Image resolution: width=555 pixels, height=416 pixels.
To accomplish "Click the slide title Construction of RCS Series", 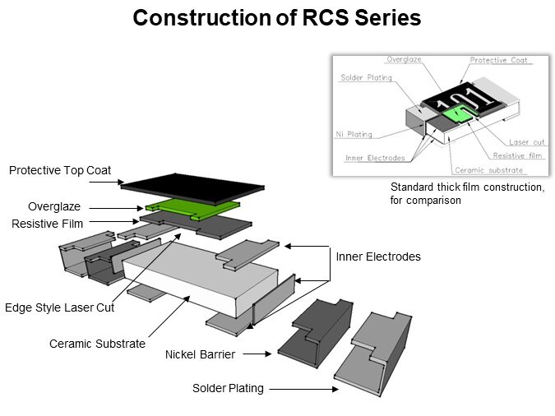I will coord(277,18).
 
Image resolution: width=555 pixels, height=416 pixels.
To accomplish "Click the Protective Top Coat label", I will coord(60,171).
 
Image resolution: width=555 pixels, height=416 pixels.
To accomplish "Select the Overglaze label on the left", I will coord(53,207).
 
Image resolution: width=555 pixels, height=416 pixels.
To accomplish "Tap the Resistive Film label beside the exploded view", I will coord(47,224).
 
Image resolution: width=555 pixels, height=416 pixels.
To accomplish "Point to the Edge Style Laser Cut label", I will coord(58,307).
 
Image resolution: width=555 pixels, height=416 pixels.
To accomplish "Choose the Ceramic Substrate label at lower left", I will coord(98,344).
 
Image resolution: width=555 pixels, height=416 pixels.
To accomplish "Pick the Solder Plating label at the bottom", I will coord(228,388).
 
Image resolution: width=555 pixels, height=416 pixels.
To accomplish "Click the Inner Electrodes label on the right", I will coord(377,257).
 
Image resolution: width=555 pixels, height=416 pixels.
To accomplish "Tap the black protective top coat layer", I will coord(193,185).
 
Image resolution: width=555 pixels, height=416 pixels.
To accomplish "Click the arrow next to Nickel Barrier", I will coord(257,355).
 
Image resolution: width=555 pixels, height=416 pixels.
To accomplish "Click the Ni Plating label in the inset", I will coord(354,134).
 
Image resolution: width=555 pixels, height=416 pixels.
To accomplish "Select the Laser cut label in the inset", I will coord(527,142).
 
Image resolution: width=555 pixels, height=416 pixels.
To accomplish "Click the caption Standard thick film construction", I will coord(466,187).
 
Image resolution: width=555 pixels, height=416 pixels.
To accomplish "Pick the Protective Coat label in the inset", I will coord(499,60).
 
